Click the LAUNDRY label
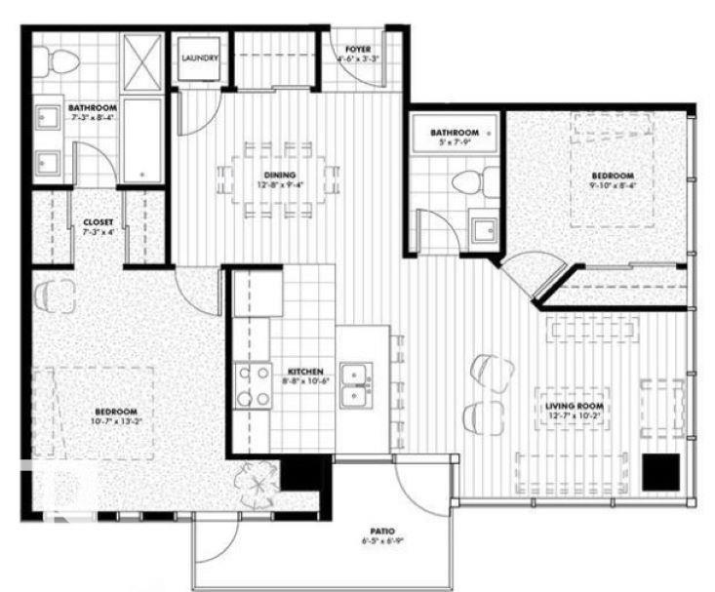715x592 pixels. click(x=200, y=58)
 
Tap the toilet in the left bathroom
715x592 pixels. click(x=60, y=60)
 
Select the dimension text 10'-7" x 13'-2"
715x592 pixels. click(x=116, y=421)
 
